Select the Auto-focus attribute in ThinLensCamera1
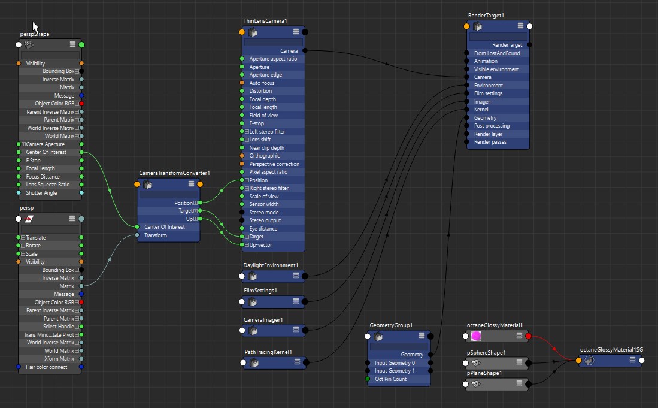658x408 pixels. click(x=262, y=83)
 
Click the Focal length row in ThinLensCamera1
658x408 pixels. click(x=263, y=107)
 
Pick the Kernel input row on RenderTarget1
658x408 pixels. click(x=481, y=110)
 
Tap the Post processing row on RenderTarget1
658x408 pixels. click(x=492, y=126)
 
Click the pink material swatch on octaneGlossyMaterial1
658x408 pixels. click(x=477, y=336)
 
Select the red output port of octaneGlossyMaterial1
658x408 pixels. click(x=528, y=336)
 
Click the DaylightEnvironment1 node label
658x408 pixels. click(x=271, y=265)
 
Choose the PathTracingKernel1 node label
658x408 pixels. click(x=268, y=352)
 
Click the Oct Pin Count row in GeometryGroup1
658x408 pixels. click(x=392, y=379)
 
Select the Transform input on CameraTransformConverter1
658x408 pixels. click(x=156, y=235)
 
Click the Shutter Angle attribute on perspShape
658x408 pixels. click(x=41, y=192)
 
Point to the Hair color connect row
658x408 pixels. click(x=47, y=367)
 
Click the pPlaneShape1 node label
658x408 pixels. click(x=484, y=373)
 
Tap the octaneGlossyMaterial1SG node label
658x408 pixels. click(x=610, y=349)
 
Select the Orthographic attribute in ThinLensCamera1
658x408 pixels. click(x=264, y=156)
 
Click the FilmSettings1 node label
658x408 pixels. click(x=260, y=291)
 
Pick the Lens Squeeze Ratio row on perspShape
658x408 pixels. click(x=48, y=185)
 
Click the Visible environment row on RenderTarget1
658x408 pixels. click(x=496, y=69)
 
